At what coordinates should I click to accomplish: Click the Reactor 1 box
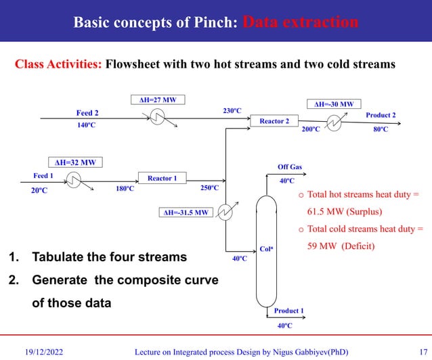pos(162,178)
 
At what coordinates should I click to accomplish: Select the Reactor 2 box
pos(274,121)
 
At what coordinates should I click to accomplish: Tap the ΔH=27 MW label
pos(157,100)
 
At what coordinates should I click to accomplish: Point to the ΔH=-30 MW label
pos(334,104)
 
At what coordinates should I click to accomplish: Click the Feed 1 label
pos(44,175)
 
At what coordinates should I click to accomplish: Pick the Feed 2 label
pos(87,113)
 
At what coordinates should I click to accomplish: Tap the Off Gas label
pos(290,166)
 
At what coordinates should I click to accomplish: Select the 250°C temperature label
pos(209,187)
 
